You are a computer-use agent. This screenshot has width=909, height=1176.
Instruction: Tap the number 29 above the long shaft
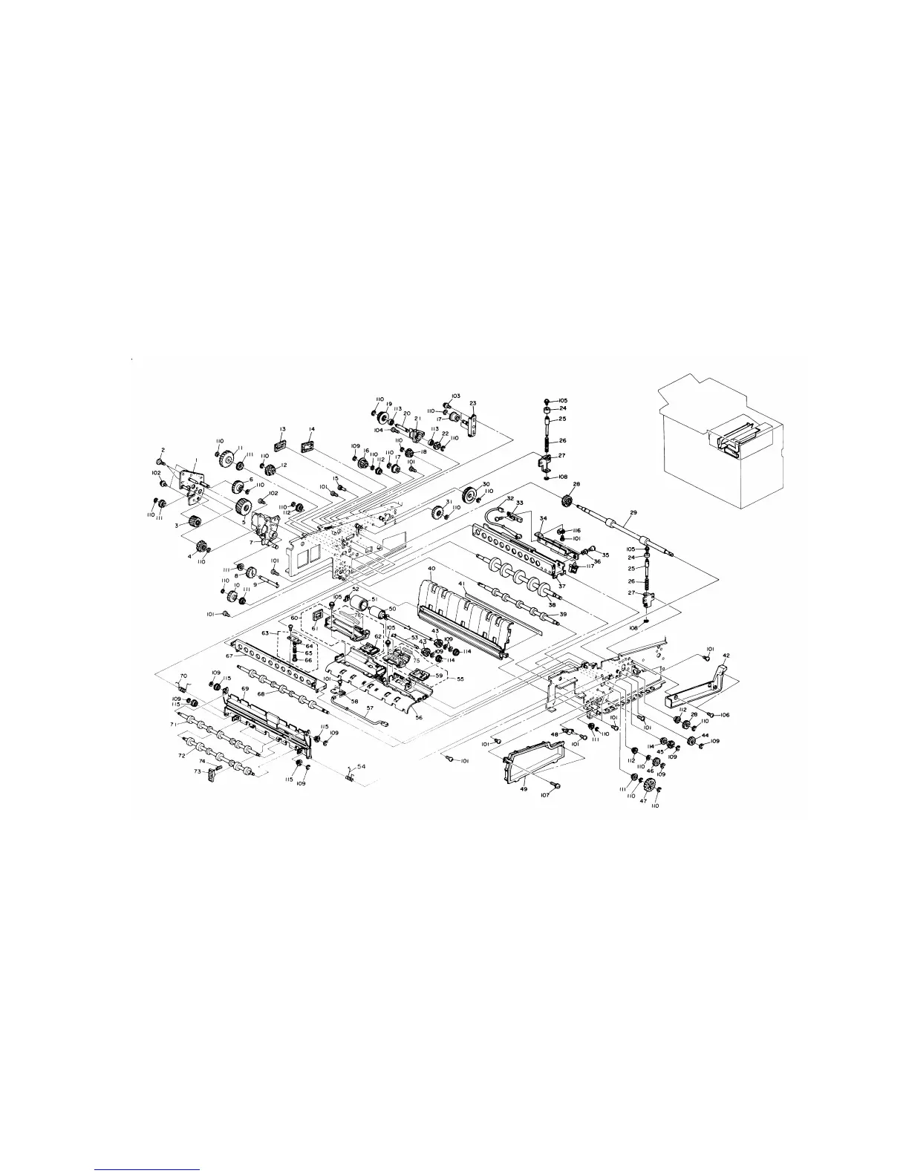[633, 513]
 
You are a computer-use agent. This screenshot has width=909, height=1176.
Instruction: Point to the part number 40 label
[431, 569]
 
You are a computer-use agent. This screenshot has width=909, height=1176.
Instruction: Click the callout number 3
[177, 524]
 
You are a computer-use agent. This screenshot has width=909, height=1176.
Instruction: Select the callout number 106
[725, 715]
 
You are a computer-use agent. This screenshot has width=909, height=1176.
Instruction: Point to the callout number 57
[369, 708]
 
